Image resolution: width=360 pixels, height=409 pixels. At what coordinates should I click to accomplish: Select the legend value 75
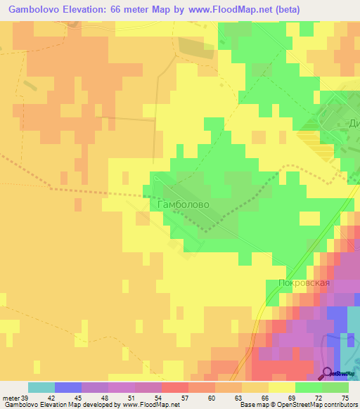345,398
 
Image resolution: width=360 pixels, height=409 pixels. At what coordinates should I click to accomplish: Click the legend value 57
184,398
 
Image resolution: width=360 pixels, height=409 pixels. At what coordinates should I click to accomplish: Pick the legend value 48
104,398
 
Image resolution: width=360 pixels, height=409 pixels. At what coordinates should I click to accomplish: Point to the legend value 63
238,398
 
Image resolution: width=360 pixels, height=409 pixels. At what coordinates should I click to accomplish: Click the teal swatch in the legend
41,387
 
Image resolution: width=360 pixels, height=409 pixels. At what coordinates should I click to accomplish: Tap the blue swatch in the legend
68,387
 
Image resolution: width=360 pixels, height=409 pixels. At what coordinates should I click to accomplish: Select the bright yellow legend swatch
282,387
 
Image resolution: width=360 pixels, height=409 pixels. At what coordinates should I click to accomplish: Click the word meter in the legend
10,398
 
